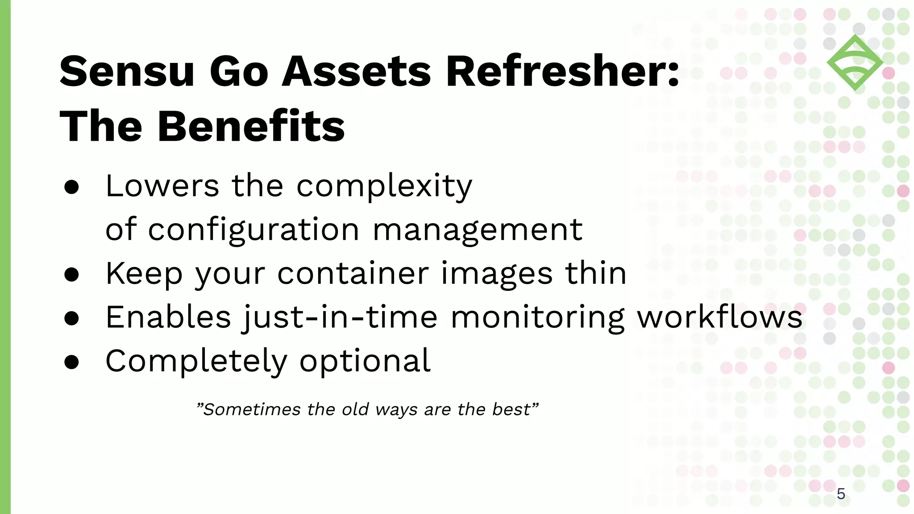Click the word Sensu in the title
pyautogui.click(x=127, y=71)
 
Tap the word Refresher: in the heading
pyautogui.click(x=562, y=71)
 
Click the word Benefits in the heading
pyautogui.click(x=251, y=127)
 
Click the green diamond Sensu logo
pyautogui.click(x=855, y=62)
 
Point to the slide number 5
pyautogui.click(x=841, y=494)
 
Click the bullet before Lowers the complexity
pyautogui.click(x=71, y=187)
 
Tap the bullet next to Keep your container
pyautogui.click(x=71, y=275)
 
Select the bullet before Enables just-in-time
pyautogui.click(x=71, y=319)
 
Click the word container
pyautogui.click(x=353, y=273)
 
